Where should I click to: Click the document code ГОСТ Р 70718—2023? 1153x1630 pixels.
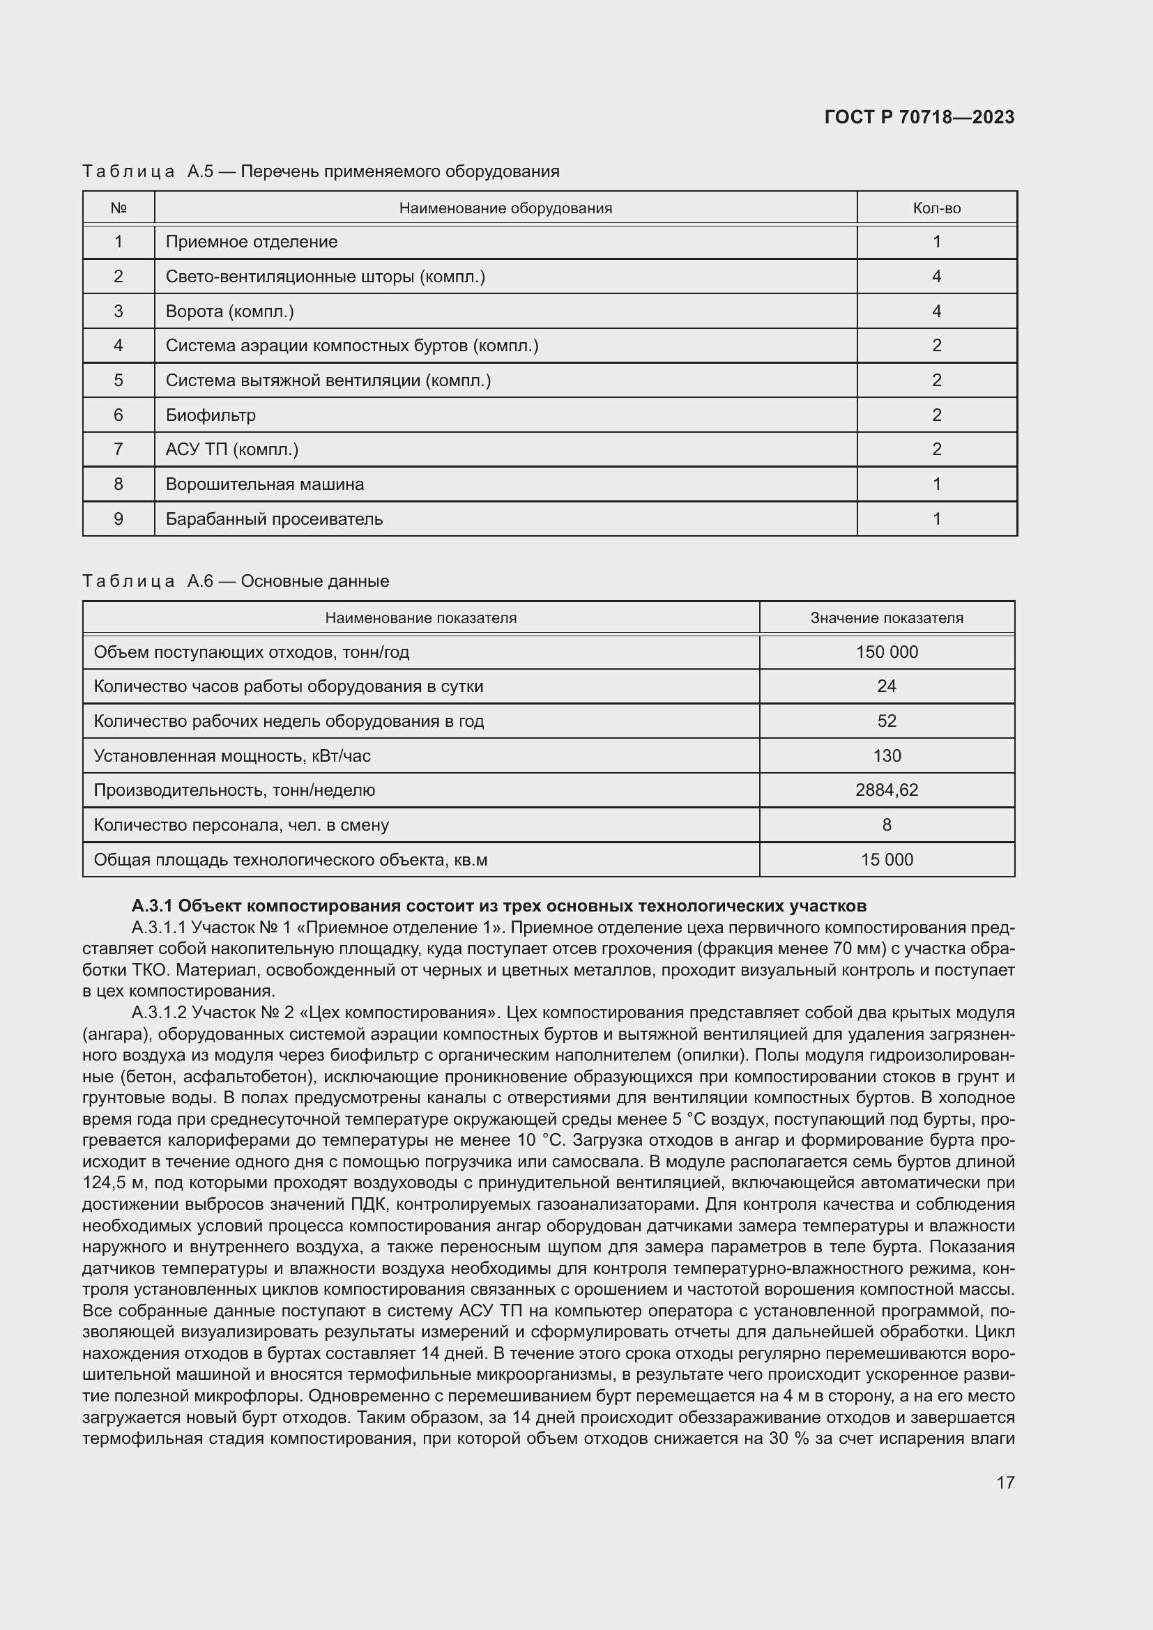point(919,117)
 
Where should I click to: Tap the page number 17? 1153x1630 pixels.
point(1005,1482)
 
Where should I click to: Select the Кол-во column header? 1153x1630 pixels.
point(936,208)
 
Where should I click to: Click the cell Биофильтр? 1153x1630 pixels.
point(211,415)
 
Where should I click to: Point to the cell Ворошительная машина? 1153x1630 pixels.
point(265,484)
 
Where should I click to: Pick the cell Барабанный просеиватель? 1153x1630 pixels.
point(274,519)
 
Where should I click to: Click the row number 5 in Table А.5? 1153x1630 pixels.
point(119,380)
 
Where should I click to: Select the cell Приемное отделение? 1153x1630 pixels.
point(252,241)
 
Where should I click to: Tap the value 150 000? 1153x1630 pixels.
point(887,652)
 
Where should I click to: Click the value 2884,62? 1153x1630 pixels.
point(887,790)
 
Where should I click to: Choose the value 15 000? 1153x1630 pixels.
point(887,860)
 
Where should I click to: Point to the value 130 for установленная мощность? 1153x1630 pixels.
point(887,755)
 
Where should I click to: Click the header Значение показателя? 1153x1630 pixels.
point(887,617)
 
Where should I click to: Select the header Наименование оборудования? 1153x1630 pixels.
point(505,208)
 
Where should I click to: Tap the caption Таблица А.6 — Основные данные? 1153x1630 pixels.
point(236,581)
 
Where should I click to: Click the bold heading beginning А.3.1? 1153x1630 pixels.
point(498,906)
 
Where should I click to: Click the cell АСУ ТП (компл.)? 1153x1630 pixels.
point(232,449)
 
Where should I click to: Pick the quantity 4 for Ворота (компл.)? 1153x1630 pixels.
point(936,311)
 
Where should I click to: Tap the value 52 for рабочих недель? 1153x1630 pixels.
point(887,721)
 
